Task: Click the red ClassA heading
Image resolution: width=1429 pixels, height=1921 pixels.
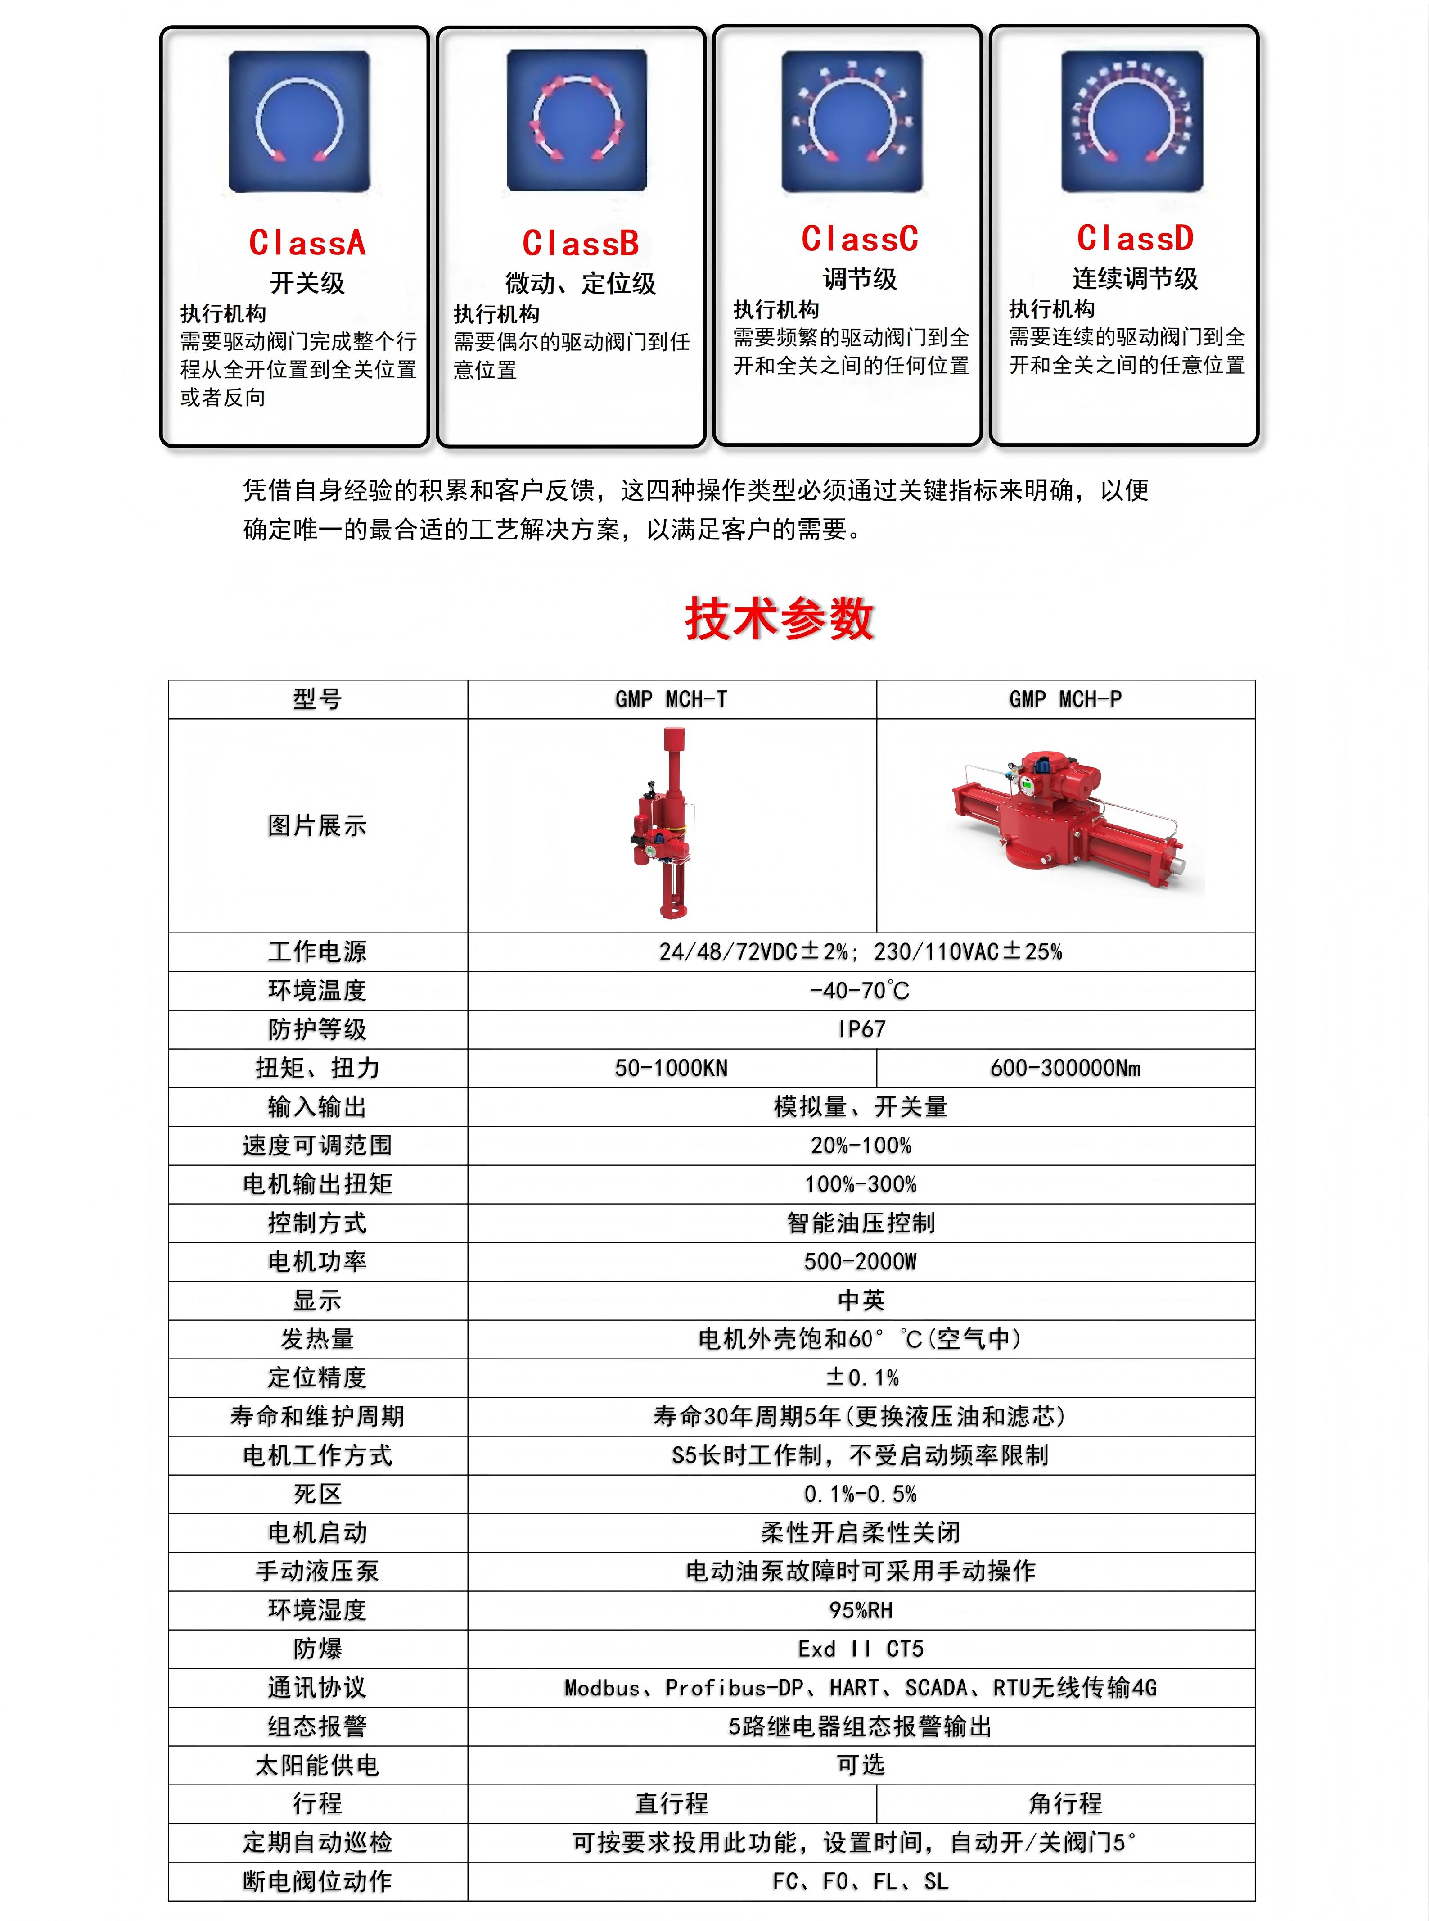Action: (307, 243)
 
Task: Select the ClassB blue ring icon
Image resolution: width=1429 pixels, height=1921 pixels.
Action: (577, 120)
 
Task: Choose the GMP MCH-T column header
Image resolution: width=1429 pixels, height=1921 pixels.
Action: (671, 699)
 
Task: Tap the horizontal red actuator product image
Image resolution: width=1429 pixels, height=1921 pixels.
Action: (1069, 818)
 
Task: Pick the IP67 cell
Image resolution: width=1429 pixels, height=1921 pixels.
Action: (861, 1029)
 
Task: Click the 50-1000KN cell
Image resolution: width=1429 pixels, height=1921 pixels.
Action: (671, 1068)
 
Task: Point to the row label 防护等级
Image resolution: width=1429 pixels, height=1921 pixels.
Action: (317, 1029)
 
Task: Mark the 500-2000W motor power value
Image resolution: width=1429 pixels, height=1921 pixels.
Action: (861, 1262)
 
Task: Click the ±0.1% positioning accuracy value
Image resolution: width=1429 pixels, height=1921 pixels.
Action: (861, 1377)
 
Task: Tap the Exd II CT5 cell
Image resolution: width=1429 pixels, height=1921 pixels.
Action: (861, 1649)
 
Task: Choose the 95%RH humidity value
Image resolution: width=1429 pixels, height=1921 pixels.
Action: (861, 1609)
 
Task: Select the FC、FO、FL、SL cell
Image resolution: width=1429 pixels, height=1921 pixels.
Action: (861, 1881)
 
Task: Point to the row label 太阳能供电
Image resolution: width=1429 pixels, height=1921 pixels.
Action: (317, 1764)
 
